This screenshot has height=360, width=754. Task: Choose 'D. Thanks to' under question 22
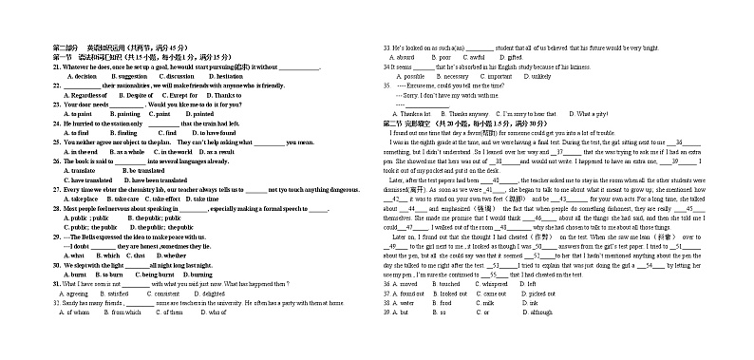(224, 95)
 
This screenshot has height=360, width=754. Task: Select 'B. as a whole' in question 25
(127, 151)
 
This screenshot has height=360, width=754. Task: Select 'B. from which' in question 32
(126, 312)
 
